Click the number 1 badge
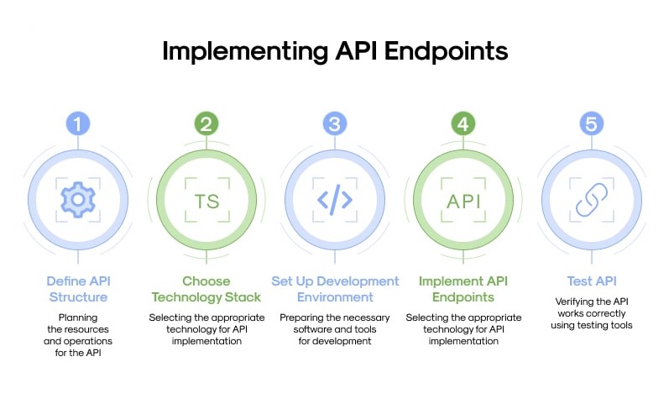[78, 124]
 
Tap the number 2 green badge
[206, 124]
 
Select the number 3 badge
[335, 124]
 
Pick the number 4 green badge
[463, 124]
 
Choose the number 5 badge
[592, 124]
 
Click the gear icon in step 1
[78, 200]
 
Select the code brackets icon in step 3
[335, 200]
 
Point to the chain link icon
[592, 200]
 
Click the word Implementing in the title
[234, 50]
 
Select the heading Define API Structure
[78, 288]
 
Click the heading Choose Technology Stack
[206, 288]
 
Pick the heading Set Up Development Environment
[335, 288]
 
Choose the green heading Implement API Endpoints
[463, 288]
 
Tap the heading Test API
[592, 281]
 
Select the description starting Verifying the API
[592, 312]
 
